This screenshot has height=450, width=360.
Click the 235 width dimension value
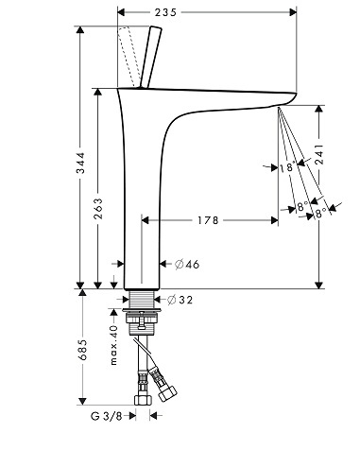tap(165, 12)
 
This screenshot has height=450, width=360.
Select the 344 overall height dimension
tap(81, 163)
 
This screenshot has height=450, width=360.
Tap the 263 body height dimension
tap(98, 208)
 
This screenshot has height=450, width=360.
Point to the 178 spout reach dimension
tap(208, 220)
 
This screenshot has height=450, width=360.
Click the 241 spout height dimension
tap(319, 155)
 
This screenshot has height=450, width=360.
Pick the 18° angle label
tap(287, 167)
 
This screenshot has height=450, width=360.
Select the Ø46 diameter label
tap(187, 264)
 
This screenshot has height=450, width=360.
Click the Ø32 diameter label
tap(180, 300)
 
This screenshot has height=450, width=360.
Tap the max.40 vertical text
tap(113, 345)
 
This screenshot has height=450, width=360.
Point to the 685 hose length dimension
tap(82, 350)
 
